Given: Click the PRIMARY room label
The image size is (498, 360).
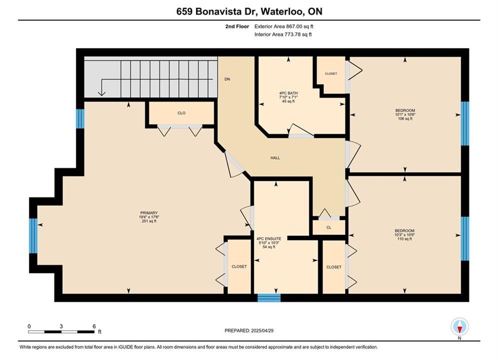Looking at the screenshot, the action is (x=149, y=213).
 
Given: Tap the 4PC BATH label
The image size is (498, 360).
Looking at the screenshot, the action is (x=288, y=93).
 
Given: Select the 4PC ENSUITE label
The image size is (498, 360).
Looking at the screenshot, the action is (x=269, y=238).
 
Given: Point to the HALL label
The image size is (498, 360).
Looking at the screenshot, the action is (x=275, y=157).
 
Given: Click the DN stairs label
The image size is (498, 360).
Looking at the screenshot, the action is (x=227, y=79).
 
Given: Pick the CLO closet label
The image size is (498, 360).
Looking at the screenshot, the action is (x=181, y=113).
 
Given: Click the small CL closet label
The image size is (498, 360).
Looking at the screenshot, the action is (x=329, y=227).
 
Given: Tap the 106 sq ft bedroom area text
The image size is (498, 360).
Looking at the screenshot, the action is (x=405, y=118).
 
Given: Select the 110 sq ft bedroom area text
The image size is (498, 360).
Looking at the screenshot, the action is (x=404, y=239).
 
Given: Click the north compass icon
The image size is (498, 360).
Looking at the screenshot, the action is (x=459, y=326).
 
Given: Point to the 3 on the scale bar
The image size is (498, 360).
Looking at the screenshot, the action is (x=61, y=326).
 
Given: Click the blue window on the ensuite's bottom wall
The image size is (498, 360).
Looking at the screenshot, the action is (x=269, y=298).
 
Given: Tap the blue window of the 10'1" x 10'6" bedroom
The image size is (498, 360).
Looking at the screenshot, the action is (x=465, y=123).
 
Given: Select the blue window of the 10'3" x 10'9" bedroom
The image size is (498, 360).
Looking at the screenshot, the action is (x=465, y=238).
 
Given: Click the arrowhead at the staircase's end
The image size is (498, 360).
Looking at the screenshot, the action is (x=102, y=93).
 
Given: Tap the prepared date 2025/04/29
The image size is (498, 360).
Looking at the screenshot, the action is (x=262, y=330).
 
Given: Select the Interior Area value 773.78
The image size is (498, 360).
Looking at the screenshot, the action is (x=292, y=34).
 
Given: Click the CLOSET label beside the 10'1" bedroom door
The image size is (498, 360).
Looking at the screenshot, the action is (x=331, y=73).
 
